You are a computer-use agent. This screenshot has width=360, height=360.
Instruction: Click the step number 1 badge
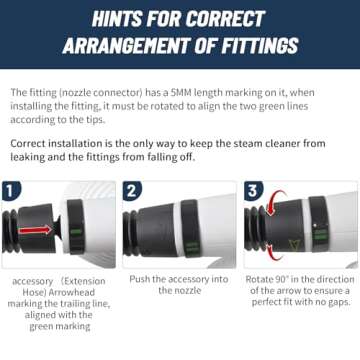[10, 191]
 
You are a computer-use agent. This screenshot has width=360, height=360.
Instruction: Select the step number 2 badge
[131, 191]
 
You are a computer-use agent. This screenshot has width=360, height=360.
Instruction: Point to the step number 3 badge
[252, 191]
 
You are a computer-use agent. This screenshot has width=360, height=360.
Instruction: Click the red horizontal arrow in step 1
[35, 230]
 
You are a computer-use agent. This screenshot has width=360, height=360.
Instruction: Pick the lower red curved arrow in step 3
[275, 253]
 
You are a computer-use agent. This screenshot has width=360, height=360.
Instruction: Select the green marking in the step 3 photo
[321, 234]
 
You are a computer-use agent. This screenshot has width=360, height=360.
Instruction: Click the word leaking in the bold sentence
[28, 157]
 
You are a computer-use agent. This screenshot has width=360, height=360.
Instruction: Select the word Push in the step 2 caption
[139, 279]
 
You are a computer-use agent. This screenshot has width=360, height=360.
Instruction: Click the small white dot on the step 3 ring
[315, 225]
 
